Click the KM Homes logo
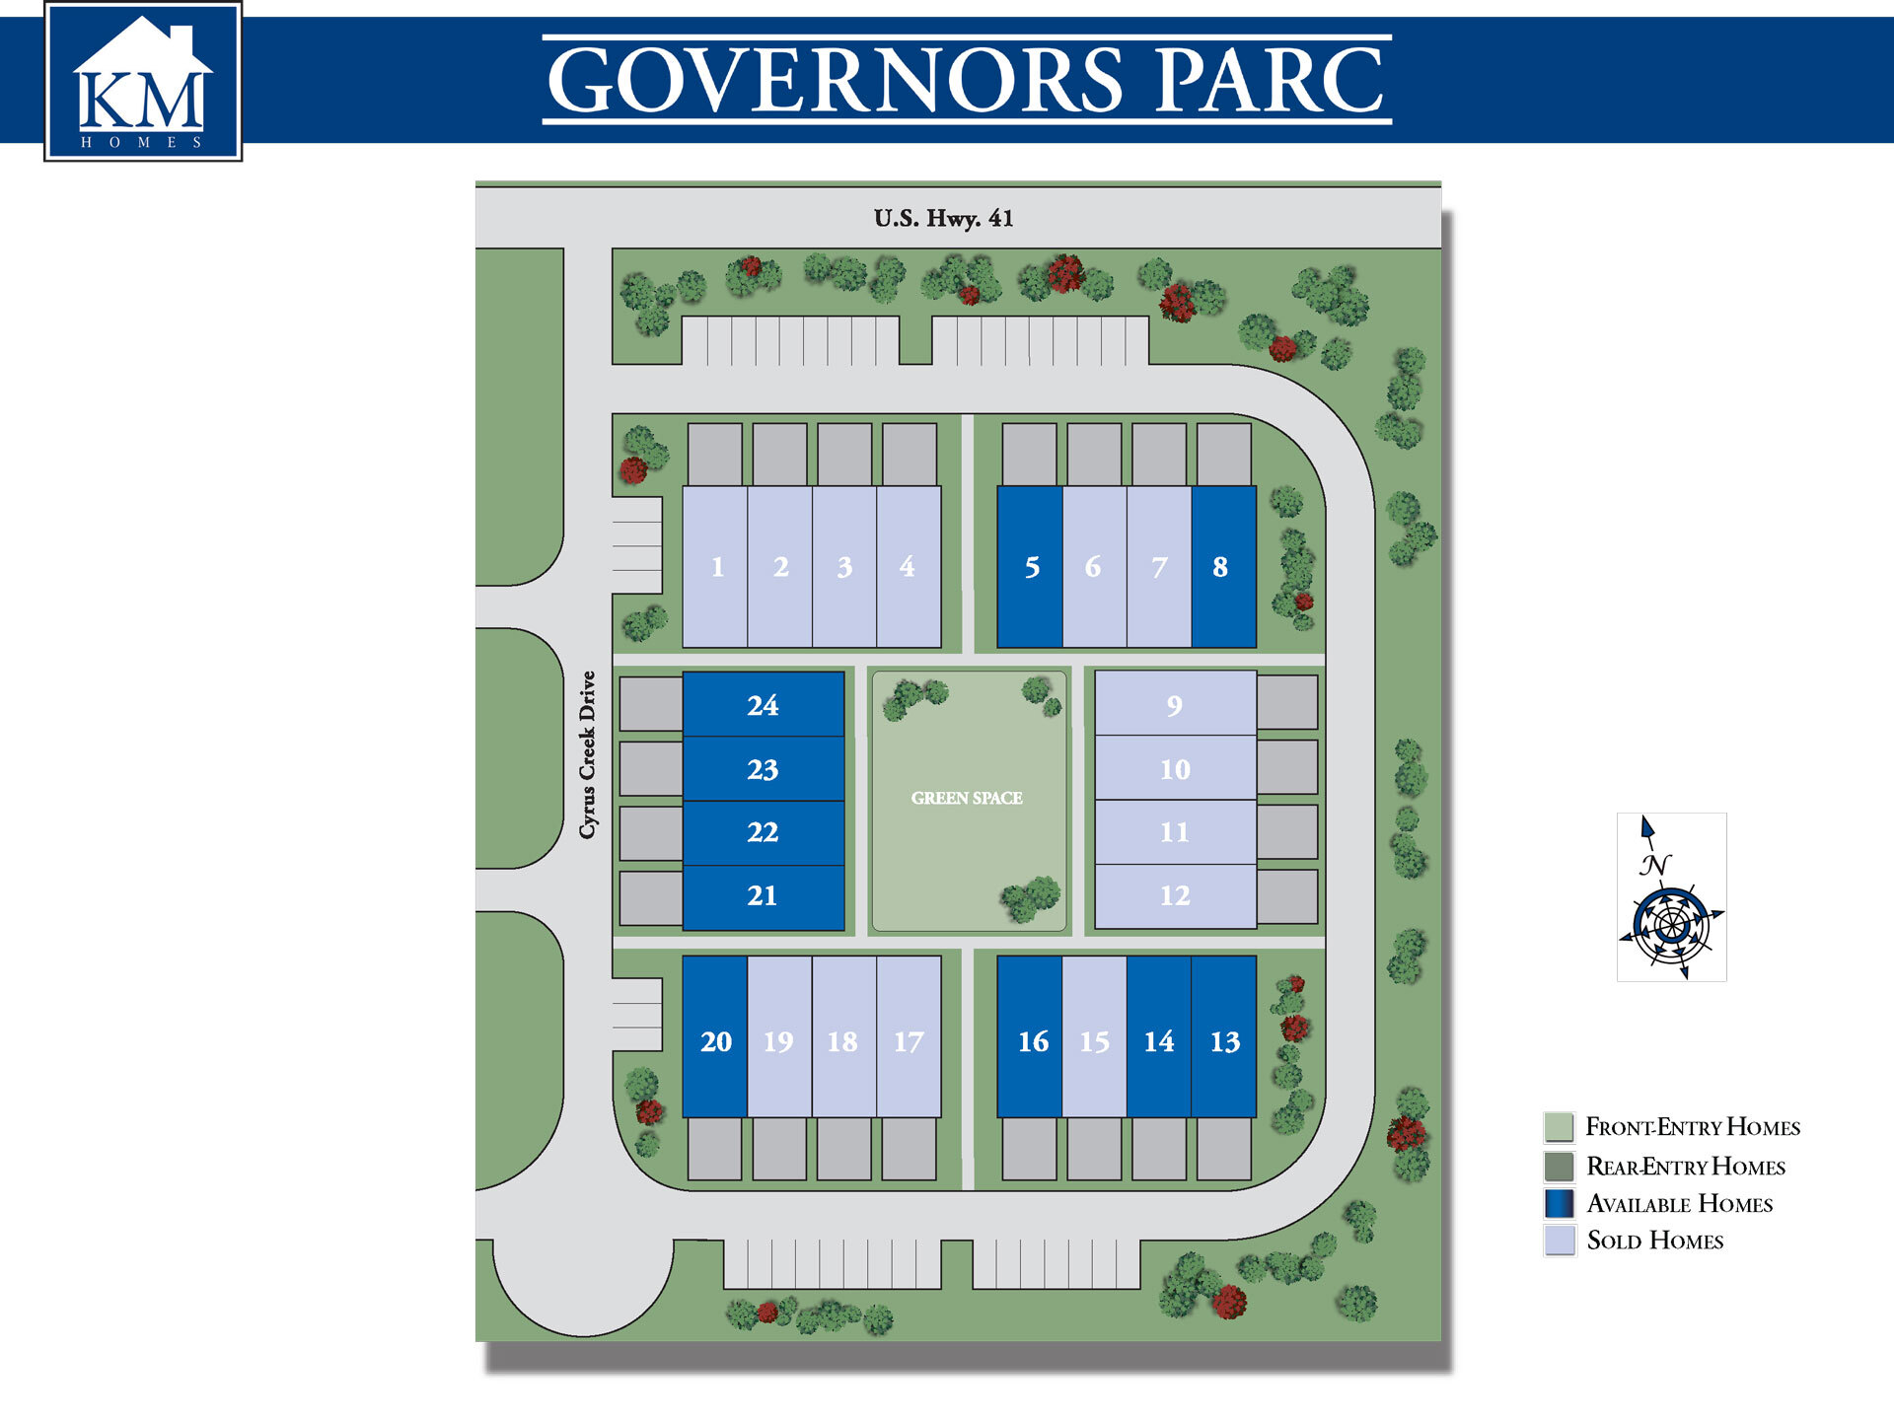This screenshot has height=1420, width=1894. [143, 82]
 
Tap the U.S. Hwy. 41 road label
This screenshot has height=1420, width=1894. [943, 218]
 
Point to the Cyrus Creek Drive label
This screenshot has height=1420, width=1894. [588, 754]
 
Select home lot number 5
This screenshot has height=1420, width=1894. [1030, 567]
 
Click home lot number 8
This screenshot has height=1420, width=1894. [1223, 567]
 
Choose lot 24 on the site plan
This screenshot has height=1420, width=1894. [763, 704]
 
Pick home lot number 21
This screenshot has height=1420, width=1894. [763, 896]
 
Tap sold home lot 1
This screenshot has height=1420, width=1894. [715, 567]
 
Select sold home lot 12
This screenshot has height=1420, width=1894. [1175, 896]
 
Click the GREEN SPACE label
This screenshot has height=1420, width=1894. [967, 798]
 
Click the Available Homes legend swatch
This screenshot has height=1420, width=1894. [1560, 1203]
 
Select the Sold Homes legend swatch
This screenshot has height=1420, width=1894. [1560, 1241]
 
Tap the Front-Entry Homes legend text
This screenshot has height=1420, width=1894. [1693, 1127]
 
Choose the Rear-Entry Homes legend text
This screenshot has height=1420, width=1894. [1686, 1167]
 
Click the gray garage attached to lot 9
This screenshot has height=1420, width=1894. [1287, 702]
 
